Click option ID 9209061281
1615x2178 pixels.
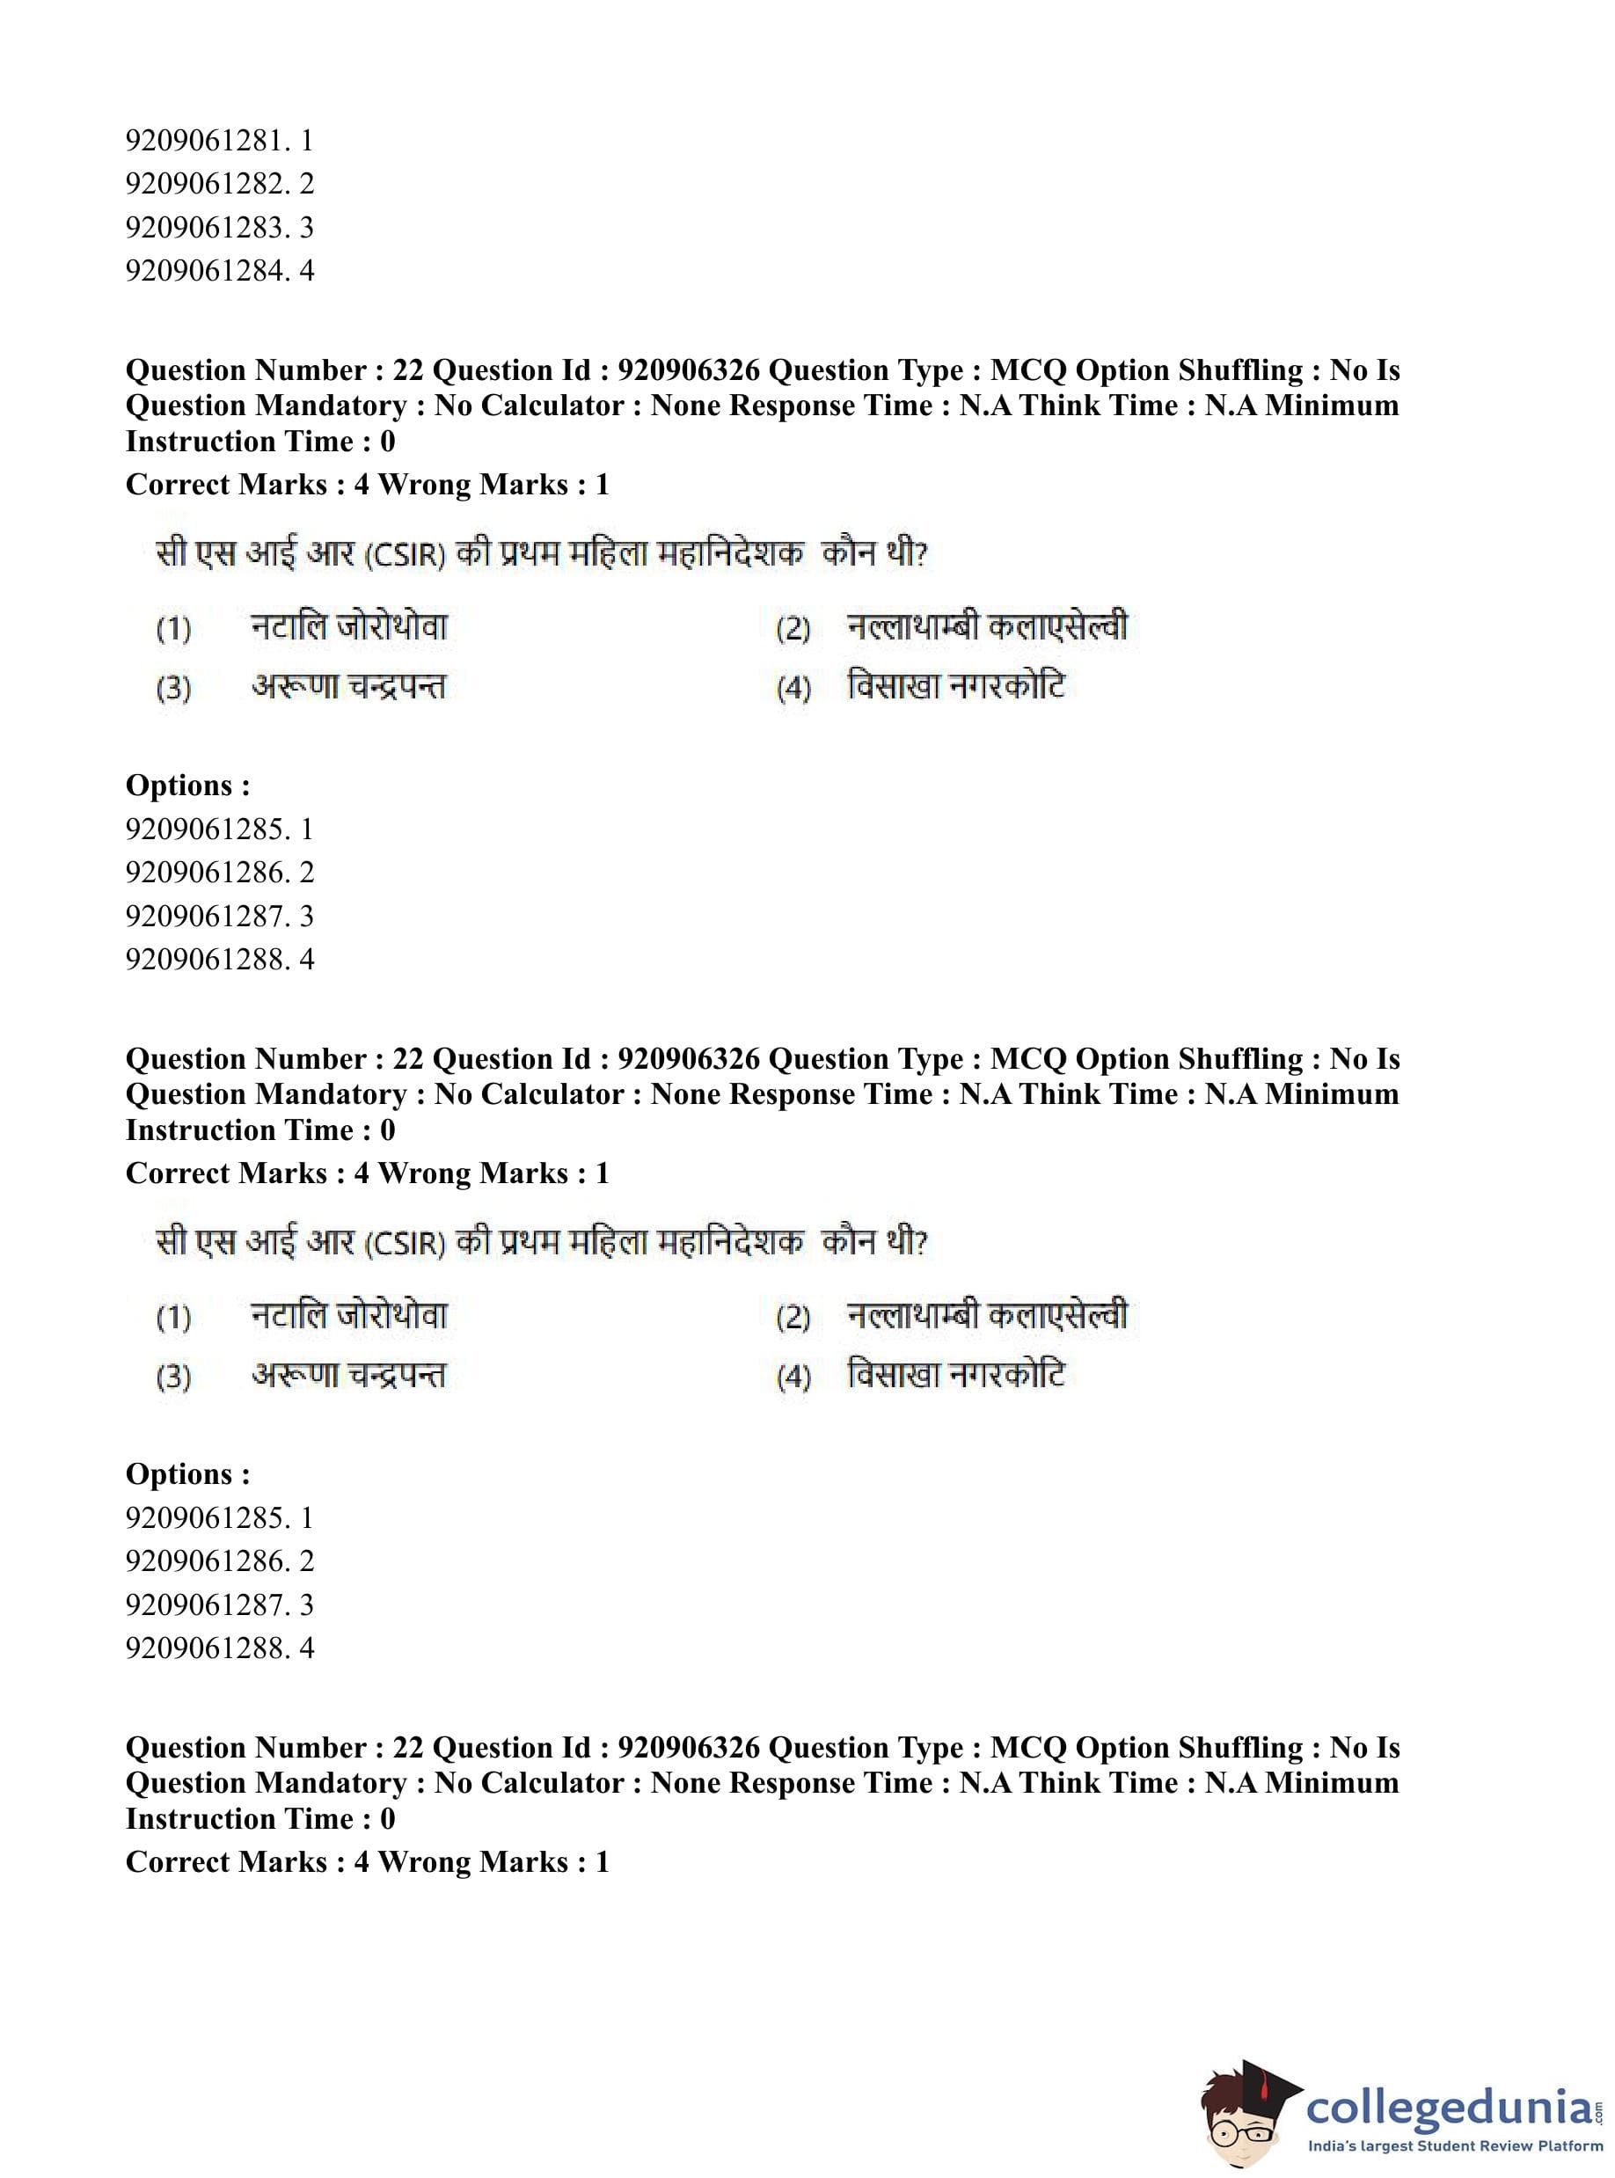tap(219, 141)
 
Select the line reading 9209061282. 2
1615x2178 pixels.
tap(219, 184)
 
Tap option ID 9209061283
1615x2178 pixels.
tap(219, 228)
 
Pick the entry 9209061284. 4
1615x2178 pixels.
tap(219, 271)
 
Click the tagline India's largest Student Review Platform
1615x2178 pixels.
tap(1455, 2146)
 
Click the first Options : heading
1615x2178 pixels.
tap(187, 786)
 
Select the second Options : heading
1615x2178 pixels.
tap(187, 1474)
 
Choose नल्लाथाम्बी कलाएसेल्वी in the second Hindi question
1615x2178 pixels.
tap(987, 1316)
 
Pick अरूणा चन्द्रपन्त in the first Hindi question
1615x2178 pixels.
tap(348, 687)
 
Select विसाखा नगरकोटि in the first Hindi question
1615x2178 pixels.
tap(956, 687)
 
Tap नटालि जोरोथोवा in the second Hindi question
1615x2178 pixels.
tap(349, 1316)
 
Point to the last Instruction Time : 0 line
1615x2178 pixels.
tap(260, 1818)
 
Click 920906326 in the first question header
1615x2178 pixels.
tap(688, 370)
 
